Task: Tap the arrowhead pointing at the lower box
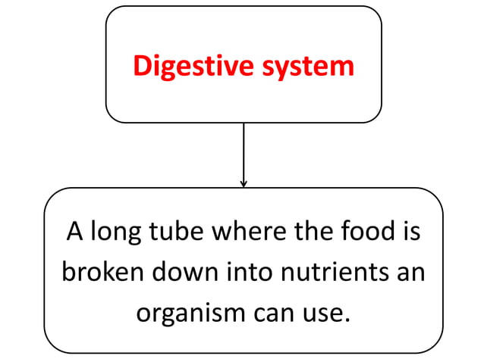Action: pyautogui.click(x=244, y=183)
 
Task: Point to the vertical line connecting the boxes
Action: pyautogui.click(x=244, y=151)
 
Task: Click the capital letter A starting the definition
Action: pyautogui.click(x=74, y=230)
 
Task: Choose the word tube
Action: pyautogui.click(x=178, y=230)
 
